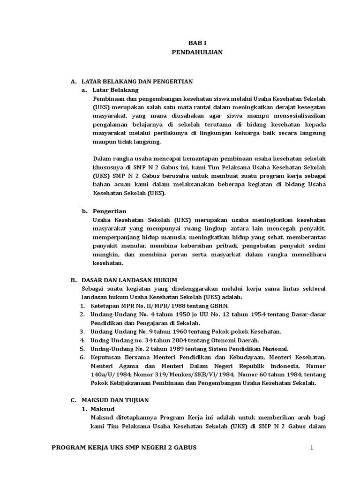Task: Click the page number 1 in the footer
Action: tap(311, 448)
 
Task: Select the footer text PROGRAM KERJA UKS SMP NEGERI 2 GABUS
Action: tap(124, 448)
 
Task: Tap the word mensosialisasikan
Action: tap(295, 116)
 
